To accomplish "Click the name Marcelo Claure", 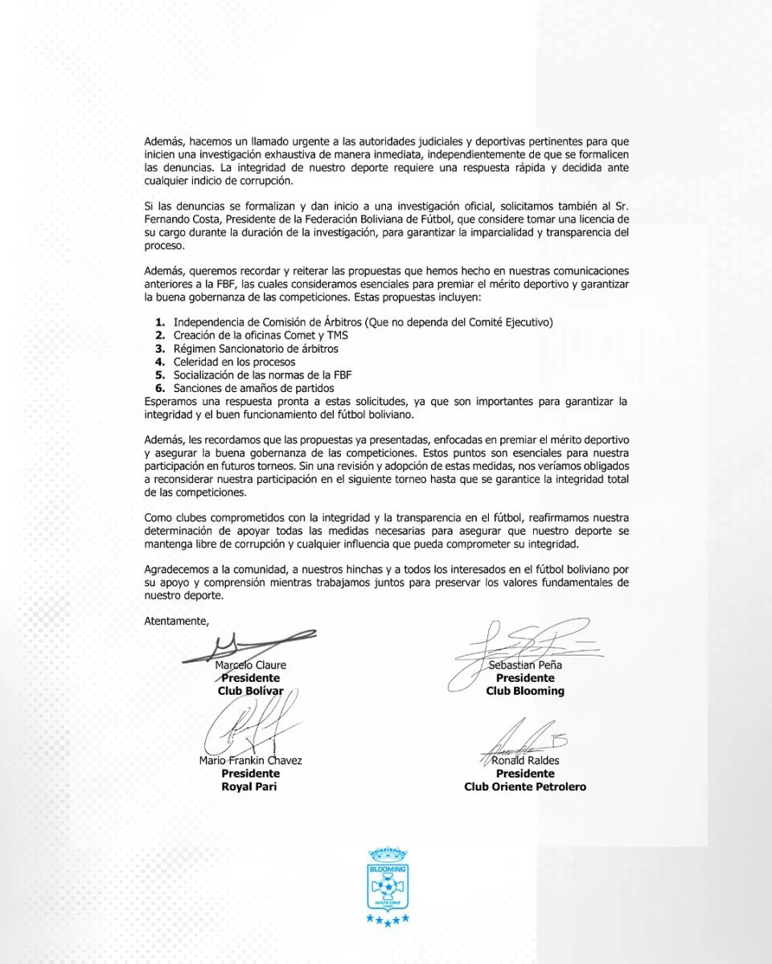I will coord(251,665).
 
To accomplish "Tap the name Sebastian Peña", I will coord(525,665).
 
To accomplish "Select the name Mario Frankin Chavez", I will coord(250,761).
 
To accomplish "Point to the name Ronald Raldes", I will coord(525,761).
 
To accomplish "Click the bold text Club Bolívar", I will coord(250,691).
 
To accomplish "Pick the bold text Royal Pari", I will coord(250,786).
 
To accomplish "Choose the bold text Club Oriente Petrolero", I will coord(525,786).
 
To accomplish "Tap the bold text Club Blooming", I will coord(525,691).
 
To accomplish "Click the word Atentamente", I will coord(176,621).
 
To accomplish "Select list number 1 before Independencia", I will coord(161,323).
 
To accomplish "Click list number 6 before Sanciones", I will coord(161,388).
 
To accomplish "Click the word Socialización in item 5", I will coord(204,375).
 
